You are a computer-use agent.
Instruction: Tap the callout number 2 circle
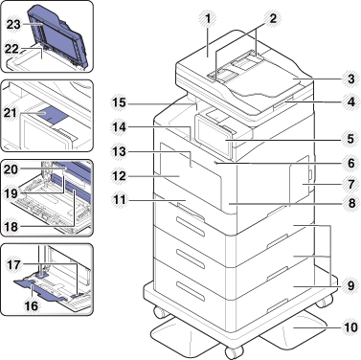pos(273,17)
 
